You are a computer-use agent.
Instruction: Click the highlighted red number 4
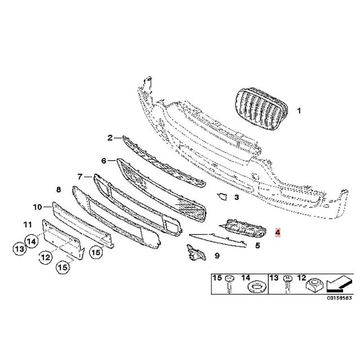click(278, 232)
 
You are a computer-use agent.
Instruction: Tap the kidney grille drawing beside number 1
click(261, 109)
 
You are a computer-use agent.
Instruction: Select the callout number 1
click(299, 111)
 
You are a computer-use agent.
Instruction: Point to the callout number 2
click(110, 138)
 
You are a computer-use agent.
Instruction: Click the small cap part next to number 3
click(222, 197)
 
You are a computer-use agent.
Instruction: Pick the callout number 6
click(104, 161)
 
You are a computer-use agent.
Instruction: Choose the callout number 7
click(80, 177)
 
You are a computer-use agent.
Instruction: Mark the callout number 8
click(58, 189)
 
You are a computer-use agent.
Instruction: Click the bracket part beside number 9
click(196, 253)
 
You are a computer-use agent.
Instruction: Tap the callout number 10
click(37, 207)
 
